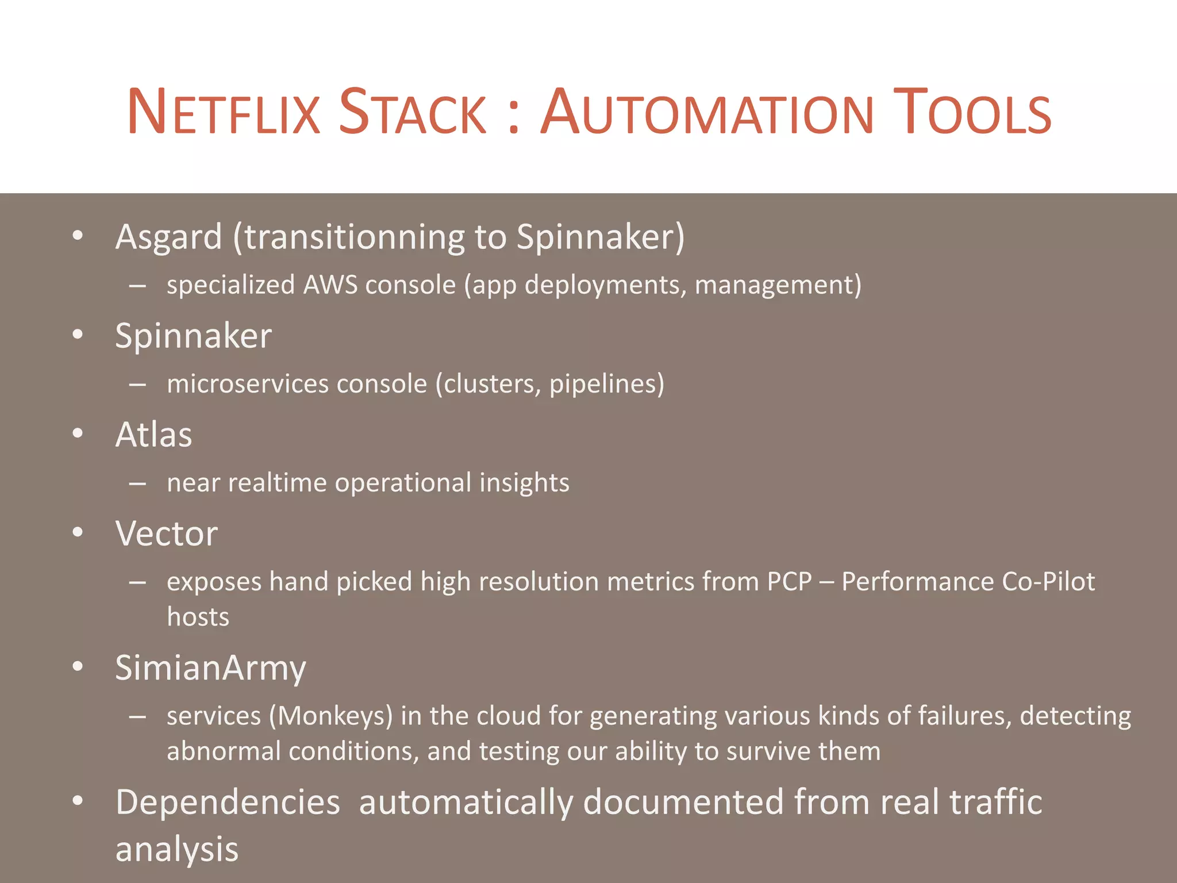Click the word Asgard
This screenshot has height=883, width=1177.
[168, 237]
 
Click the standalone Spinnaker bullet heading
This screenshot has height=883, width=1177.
[193, 336]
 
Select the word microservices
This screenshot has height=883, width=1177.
[247, 384]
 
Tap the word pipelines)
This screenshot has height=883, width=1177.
[606, 384]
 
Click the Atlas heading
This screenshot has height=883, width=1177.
[153, 435]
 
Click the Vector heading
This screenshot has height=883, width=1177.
[166, 533]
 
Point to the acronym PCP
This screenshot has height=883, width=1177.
[789, 582]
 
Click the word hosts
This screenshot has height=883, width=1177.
[198, 617]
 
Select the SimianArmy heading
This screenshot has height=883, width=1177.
[210, 668]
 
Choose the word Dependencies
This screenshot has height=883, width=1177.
[228, 803]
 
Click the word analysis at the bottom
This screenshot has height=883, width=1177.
[176, 850]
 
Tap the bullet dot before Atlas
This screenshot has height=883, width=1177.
[78, 433]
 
